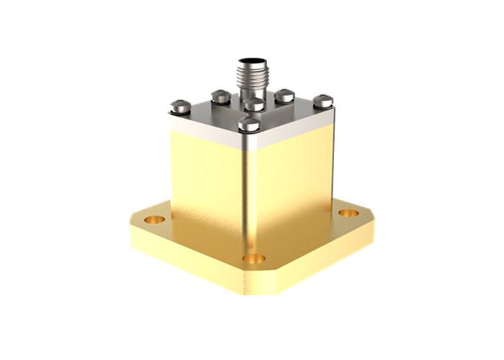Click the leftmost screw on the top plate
(180, 107)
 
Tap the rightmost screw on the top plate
(323, 100)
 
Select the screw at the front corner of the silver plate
(248, 124)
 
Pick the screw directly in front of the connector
(253, 105)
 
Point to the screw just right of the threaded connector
(285, 94)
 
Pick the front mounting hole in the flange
(253, 258)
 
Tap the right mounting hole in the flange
(348, 213)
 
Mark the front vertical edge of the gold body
(248, 202)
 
